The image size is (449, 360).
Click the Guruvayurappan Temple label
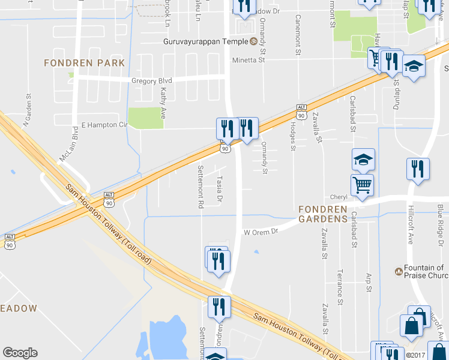(206, 41)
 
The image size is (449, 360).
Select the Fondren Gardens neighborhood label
(324, 214)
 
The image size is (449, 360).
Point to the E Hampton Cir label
(104, 125)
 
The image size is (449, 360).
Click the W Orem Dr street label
(261, 232)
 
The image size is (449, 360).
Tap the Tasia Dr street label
(220, 188)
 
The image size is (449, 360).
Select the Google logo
(20, 353)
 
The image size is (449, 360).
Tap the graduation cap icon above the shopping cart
(363, 160)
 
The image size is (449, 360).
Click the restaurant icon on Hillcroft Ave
(418, 169)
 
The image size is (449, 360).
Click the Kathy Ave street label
(163, 103)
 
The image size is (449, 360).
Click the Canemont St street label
(297, 34)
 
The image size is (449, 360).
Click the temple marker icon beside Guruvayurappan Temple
(253, 41)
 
